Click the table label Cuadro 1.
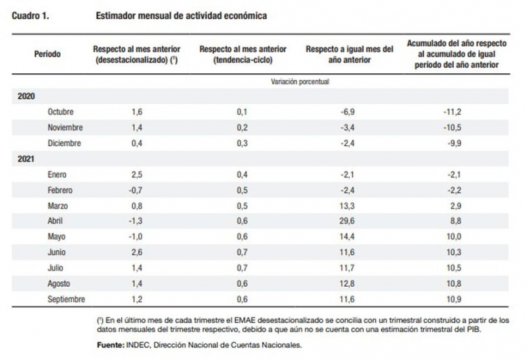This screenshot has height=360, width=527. click(x=30, y=16)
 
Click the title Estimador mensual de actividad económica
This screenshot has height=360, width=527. click(x=181, y=16)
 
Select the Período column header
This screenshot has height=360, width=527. click(x=47, y=54)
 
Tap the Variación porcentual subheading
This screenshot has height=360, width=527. click(x=300, y=82)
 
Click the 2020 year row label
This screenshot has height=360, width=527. click(x=26, y=96)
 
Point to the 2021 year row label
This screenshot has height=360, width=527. click(x=26, y=159)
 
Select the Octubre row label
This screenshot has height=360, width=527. click(x=61, y=112)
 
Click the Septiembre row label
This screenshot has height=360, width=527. click(x=67, y=299)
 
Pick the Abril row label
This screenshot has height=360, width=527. click(x=55, y=221)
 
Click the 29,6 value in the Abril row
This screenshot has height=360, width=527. click(x=347, y=221)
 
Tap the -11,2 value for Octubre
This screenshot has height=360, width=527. click(x=452, y=112)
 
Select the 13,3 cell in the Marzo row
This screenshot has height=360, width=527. click(x=347, y=206)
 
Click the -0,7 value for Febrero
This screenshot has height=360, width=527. click(x=136, y=191)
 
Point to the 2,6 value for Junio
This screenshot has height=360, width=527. click(x=137, y=253)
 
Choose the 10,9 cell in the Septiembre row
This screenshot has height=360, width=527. click(x=454, y=299)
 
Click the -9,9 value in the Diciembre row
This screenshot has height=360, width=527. click(x=454, y=143)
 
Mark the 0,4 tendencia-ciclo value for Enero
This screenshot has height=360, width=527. click(x=242, y=175)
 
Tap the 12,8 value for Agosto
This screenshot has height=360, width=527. click(x=347, y=284)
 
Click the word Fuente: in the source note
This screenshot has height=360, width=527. click(x=111, y=345)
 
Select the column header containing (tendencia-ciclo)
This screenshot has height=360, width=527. click(x=242, y=55)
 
